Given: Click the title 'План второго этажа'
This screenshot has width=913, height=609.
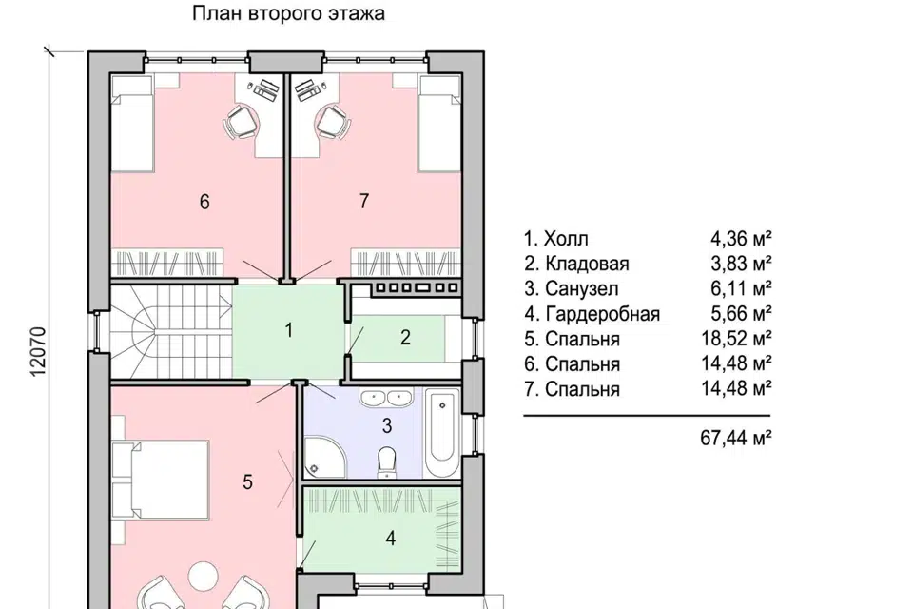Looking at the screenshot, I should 289,14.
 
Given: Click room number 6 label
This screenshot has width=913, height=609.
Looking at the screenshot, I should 204,201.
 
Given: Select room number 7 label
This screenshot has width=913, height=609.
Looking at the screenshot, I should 363,201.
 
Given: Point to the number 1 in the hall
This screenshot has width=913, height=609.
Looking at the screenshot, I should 287,332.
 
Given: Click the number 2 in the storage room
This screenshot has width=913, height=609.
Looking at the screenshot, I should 404,337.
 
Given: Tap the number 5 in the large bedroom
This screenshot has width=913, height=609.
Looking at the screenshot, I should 247,482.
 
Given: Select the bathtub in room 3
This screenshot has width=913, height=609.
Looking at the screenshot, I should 441,433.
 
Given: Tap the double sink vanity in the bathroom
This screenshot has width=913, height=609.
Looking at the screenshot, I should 385,399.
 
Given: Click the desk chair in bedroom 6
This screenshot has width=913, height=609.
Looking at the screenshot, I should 242,121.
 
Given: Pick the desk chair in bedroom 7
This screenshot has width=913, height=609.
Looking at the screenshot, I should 329,121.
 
